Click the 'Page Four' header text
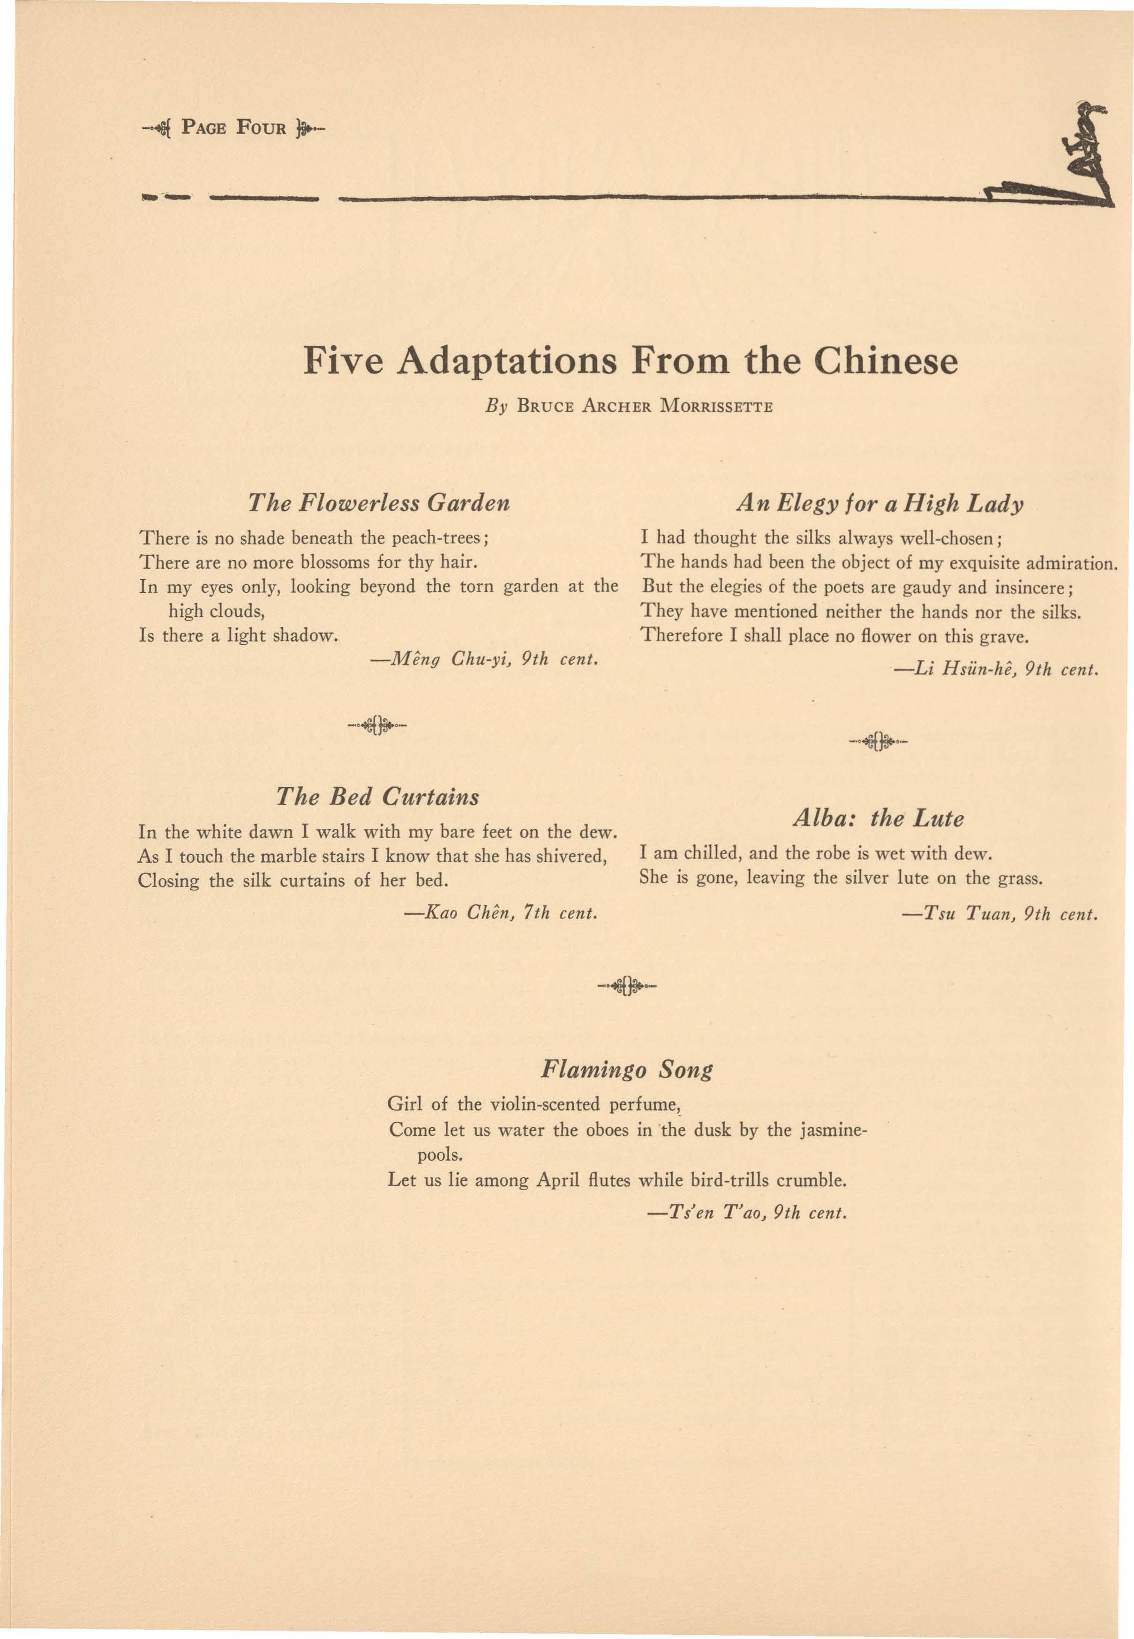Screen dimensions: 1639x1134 (234, 128)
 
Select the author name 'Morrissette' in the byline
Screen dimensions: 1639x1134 (715, 408)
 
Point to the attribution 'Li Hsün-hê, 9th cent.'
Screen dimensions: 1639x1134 (997, 670)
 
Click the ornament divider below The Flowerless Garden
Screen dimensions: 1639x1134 (378, 726)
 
